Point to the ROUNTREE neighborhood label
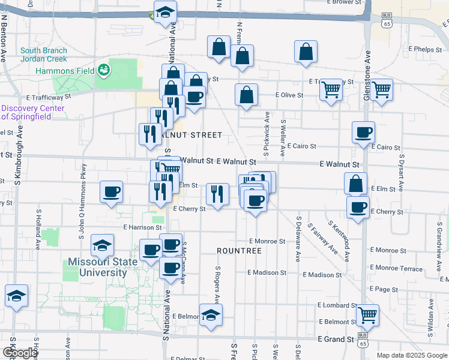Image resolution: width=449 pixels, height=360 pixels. [239, 250]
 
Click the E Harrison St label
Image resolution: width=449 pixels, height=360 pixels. [142, 228]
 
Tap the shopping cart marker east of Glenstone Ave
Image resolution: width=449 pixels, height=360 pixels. [382, 90]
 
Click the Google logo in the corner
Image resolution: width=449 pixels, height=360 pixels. [19, 353]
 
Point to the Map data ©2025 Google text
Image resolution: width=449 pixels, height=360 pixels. [411, 355]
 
